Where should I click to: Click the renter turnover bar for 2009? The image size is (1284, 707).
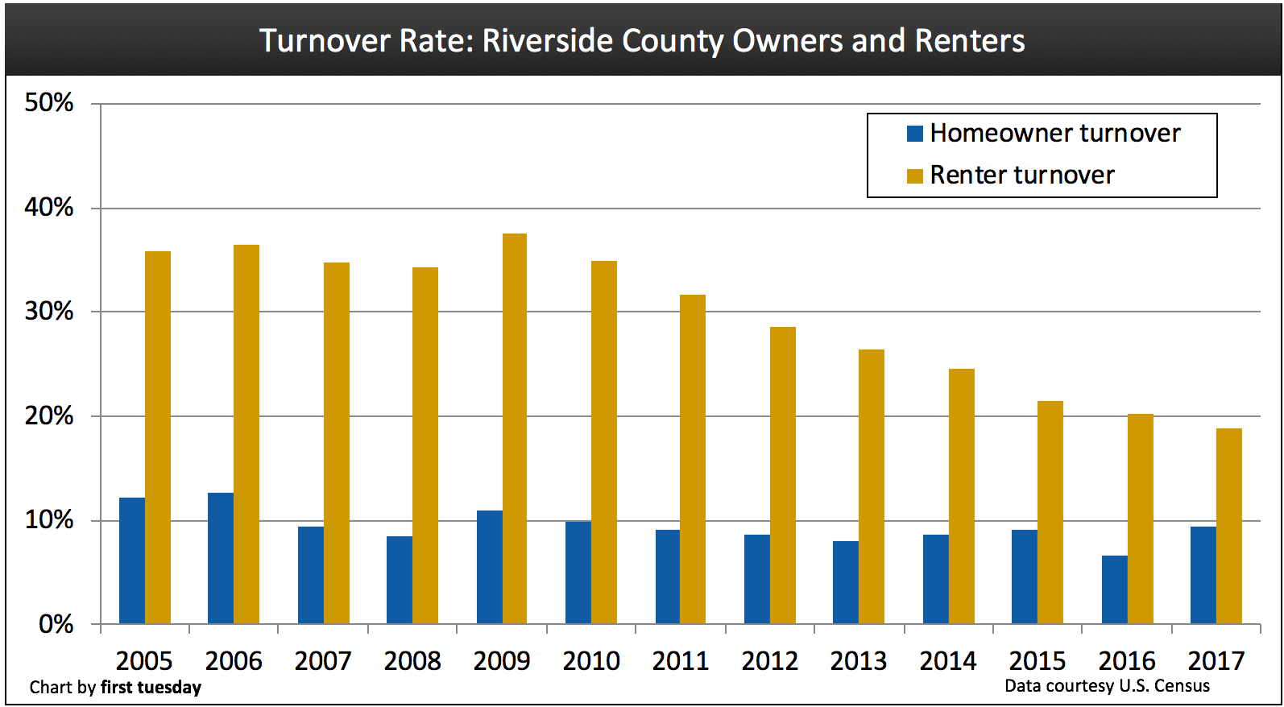(x=514, y=428)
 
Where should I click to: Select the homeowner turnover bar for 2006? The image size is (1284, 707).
(x=221, y=558)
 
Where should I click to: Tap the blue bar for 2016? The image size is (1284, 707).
(x=1115, y=589)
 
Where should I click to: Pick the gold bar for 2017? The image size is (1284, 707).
(x=1228, y=526)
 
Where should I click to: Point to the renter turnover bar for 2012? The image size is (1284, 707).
(x=782, y=475)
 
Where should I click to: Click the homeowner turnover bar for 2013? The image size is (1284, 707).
(x=846, y=582)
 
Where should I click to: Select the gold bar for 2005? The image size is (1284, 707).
(x=158, y=437)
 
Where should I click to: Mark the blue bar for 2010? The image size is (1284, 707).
(x=578, y=573)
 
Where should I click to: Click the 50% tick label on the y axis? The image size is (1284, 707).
(x=49, y=103)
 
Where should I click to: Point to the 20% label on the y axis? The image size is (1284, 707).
(x=49, y=416)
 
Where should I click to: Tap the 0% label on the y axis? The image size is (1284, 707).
(x=56, y=624)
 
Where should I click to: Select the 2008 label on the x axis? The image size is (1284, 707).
(x=412, y=661)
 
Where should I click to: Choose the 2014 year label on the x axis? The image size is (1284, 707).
(x=947, y=661)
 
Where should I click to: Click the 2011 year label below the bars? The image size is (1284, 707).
(x=680, y=661)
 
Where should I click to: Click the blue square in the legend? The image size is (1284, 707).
(x=914, y=134)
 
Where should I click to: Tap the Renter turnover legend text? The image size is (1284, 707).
(x=1021, y=175)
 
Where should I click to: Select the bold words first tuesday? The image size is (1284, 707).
(x=151, y=687)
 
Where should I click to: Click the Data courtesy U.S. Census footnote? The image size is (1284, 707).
(x=1107, y=686)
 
